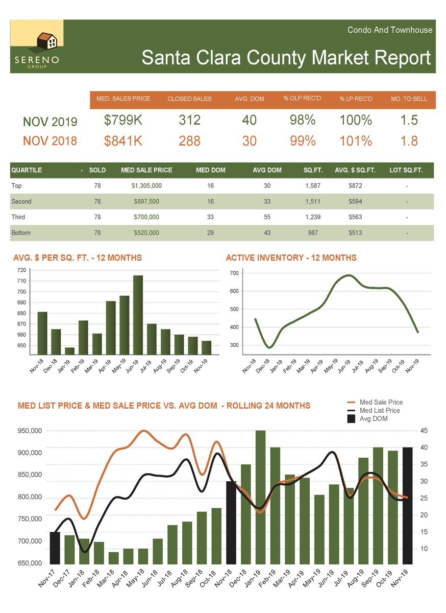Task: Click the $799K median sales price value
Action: point(123,121)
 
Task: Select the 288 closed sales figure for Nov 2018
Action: point(189,141)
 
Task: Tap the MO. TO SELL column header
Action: point(409,99)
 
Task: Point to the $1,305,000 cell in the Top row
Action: point(146,186)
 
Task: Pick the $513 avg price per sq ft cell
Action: point(355,233)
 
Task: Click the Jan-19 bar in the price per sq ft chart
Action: point(69,350)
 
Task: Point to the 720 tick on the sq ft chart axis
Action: point(21,270)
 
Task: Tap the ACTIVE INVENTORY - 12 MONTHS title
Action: point(291,258)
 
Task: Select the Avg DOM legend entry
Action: point(373,419)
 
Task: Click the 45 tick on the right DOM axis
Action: point(424,431)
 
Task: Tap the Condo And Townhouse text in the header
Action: point(389,30)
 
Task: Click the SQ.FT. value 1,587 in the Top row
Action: point(313,186)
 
